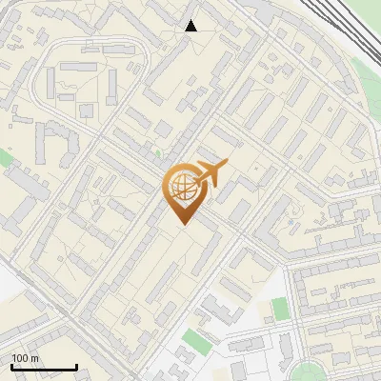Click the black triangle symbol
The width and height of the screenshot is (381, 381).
pyautogui.click(x=191, y=26)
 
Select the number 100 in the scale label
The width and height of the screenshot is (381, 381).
pyautogui.click(x=19, y=358)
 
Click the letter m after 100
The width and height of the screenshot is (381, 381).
pyautogui.click(x=33, y=358)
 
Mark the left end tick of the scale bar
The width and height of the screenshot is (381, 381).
pyautogui.click(x=10, y=366)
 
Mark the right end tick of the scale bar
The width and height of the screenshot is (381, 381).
pyautogui.click(x=76, y=366)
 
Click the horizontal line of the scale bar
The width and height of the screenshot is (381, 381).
pyautogui.click(x=43, y=368)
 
